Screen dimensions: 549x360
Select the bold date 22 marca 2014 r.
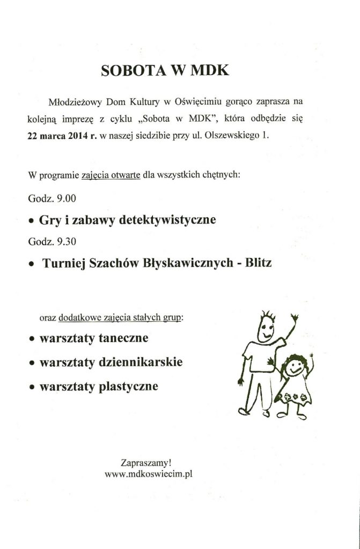[62, 136]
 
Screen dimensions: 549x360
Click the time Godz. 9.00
[53, 198]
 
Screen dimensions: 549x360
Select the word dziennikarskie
[141, 362]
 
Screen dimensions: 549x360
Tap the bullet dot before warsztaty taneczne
[32, 340]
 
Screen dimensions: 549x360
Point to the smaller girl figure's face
[294, 368]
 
